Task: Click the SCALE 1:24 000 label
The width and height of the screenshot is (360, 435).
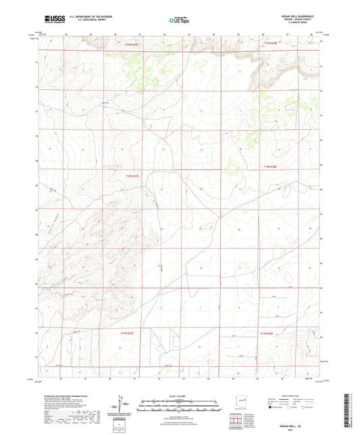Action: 180,396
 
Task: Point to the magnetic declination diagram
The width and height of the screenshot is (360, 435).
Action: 122,405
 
